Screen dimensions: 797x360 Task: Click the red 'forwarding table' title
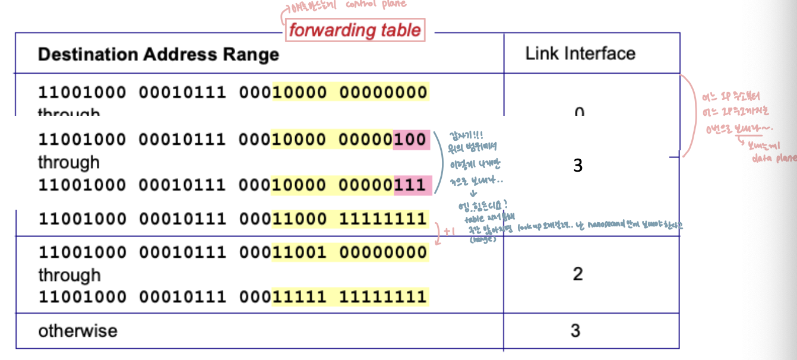coord(355,30)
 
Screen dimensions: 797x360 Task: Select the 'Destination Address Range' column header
coord(158,55)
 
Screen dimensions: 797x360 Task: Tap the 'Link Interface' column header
coord(580,53)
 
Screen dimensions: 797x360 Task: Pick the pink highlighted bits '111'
coord(412,185)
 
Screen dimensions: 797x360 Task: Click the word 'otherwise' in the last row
coord(78,330)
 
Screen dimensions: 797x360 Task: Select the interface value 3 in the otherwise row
coord(575,330)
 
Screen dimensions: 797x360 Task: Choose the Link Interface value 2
coord(577,274)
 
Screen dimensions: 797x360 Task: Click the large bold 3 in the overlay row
coord(578,166)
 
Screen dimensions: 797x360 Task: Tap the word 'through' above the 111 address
coord(69,162)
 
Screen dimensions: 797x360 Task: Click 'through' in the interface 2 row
coord(69,275)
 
